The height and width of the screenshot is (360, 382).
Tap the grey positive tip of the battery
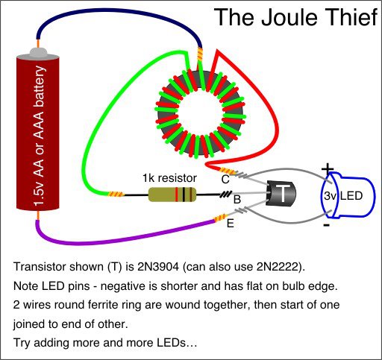tap(39, 52)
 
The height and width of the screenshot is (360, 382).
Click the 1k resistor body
tap(172, 195)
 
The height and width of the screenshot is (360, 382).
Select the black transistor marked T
tap(281, 194)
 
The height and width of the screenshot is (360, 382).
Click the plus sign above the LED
tap(328, 169)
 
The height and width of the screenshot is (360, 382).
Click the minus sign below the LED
tap(327, 225)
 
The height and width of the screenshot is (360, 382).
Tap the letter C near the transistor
tap(225, 179)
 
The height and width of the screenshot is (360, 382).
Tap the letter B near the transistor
tap(237, 199)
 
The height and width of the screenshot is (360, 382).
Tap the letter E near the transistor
tap(231, 224)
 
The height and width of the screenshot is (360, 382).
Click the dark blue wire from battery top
tap(119, 12)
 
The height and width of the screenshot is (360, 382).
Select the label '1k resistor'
tap(169, 178)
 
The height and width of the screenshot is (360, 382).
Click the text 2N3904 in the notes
tap(158, 267)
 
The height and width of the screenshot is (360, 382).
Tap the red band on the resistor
tap(177, 195)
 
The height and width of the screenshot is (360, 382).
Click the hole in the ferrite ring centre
tap(201, 115)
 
